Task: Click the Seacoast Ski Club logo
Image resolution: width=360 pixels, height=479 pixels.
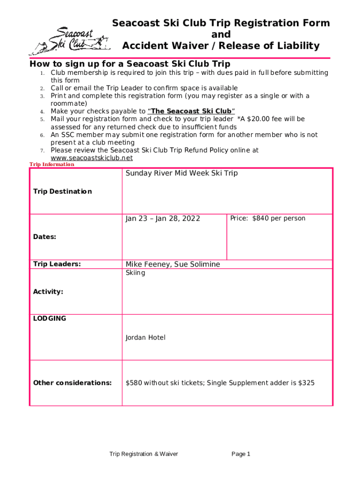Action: [70, 39]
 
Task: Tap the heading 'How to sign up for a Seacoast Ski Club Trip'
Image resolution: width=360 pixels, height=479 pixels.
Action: [130, 64]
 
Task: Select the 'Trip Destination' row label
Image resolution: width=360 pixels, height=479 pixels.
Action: [62, 191]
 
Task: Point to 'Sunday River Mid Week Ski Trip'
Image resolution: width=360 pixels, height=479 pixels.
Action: [181, 174]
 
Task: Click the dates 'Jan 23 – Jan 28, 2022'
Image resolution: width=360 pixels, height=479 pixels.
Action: [163, 218]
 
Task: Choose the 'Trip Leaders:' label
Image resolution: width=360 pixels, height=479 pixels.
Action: [57, 264]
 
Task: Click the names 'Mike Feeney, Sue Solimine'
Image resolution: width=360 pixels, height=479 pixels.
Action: [173, 264]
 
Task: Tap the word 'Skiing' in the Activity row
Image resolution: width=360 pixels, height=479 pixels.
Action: [135, 273]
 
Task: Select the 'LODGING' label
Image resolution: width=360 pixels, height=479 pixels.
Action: [50, 319]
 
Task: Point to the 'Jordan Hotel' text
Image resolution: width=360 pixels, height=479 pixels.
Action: [145, 337]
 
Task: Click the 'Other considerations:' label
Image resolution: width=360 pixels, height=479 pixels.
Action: [72, 383]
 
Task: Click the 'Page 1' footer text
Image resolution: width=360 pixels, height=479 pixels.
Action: [241, 454]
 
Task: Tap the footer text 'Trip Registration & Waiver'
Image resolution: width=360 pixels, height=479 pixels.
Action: [144, 454]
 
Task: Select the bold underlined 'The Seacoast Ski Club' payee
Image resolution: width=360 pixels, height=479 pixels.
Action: [191, 111]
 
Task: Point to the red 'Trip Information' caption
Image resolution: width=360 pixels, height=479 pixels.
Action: [52, 165]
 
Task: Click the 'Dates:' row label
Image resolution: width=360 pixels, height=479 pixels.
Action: [44, 237]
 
